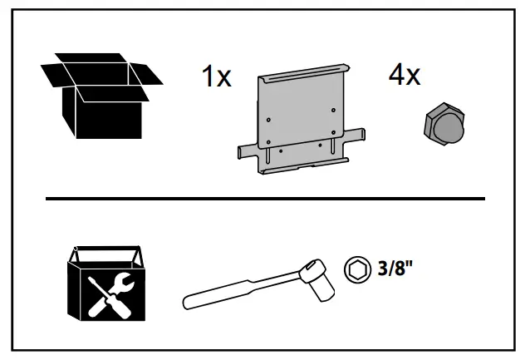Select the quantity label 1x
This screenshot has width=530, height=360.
[x=217, y=79]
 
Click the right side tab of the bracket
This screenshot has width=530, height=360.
[x=359, y=133]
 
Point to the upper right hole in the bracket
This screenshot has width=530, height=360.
[x=333, y=109]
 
